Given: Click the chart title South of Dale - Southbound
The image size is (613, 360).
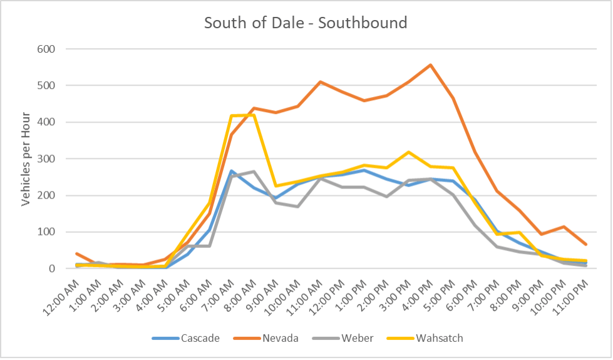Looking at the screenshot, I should click(306, 24).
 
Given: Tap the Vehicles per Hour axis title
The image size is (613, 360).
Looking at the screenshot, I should click(26, 159).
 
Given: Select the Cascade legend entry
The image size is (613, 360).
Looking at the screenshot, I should click(186, 339).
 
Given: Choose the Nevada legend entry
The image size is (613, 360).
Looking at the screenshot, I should click(266, 339).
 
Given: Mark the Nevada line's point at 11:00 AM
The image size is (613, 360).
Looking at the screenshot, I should click(321, 81).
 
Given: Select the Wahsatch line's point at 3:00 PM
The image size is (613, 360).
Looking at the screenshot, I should click(409, 152).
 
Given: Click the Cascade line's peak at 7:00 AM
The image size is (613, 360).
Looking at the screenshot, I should click(232, 170).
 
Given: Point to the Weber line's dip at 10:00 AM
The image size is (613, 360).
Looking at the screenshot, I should click(298, 207).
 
